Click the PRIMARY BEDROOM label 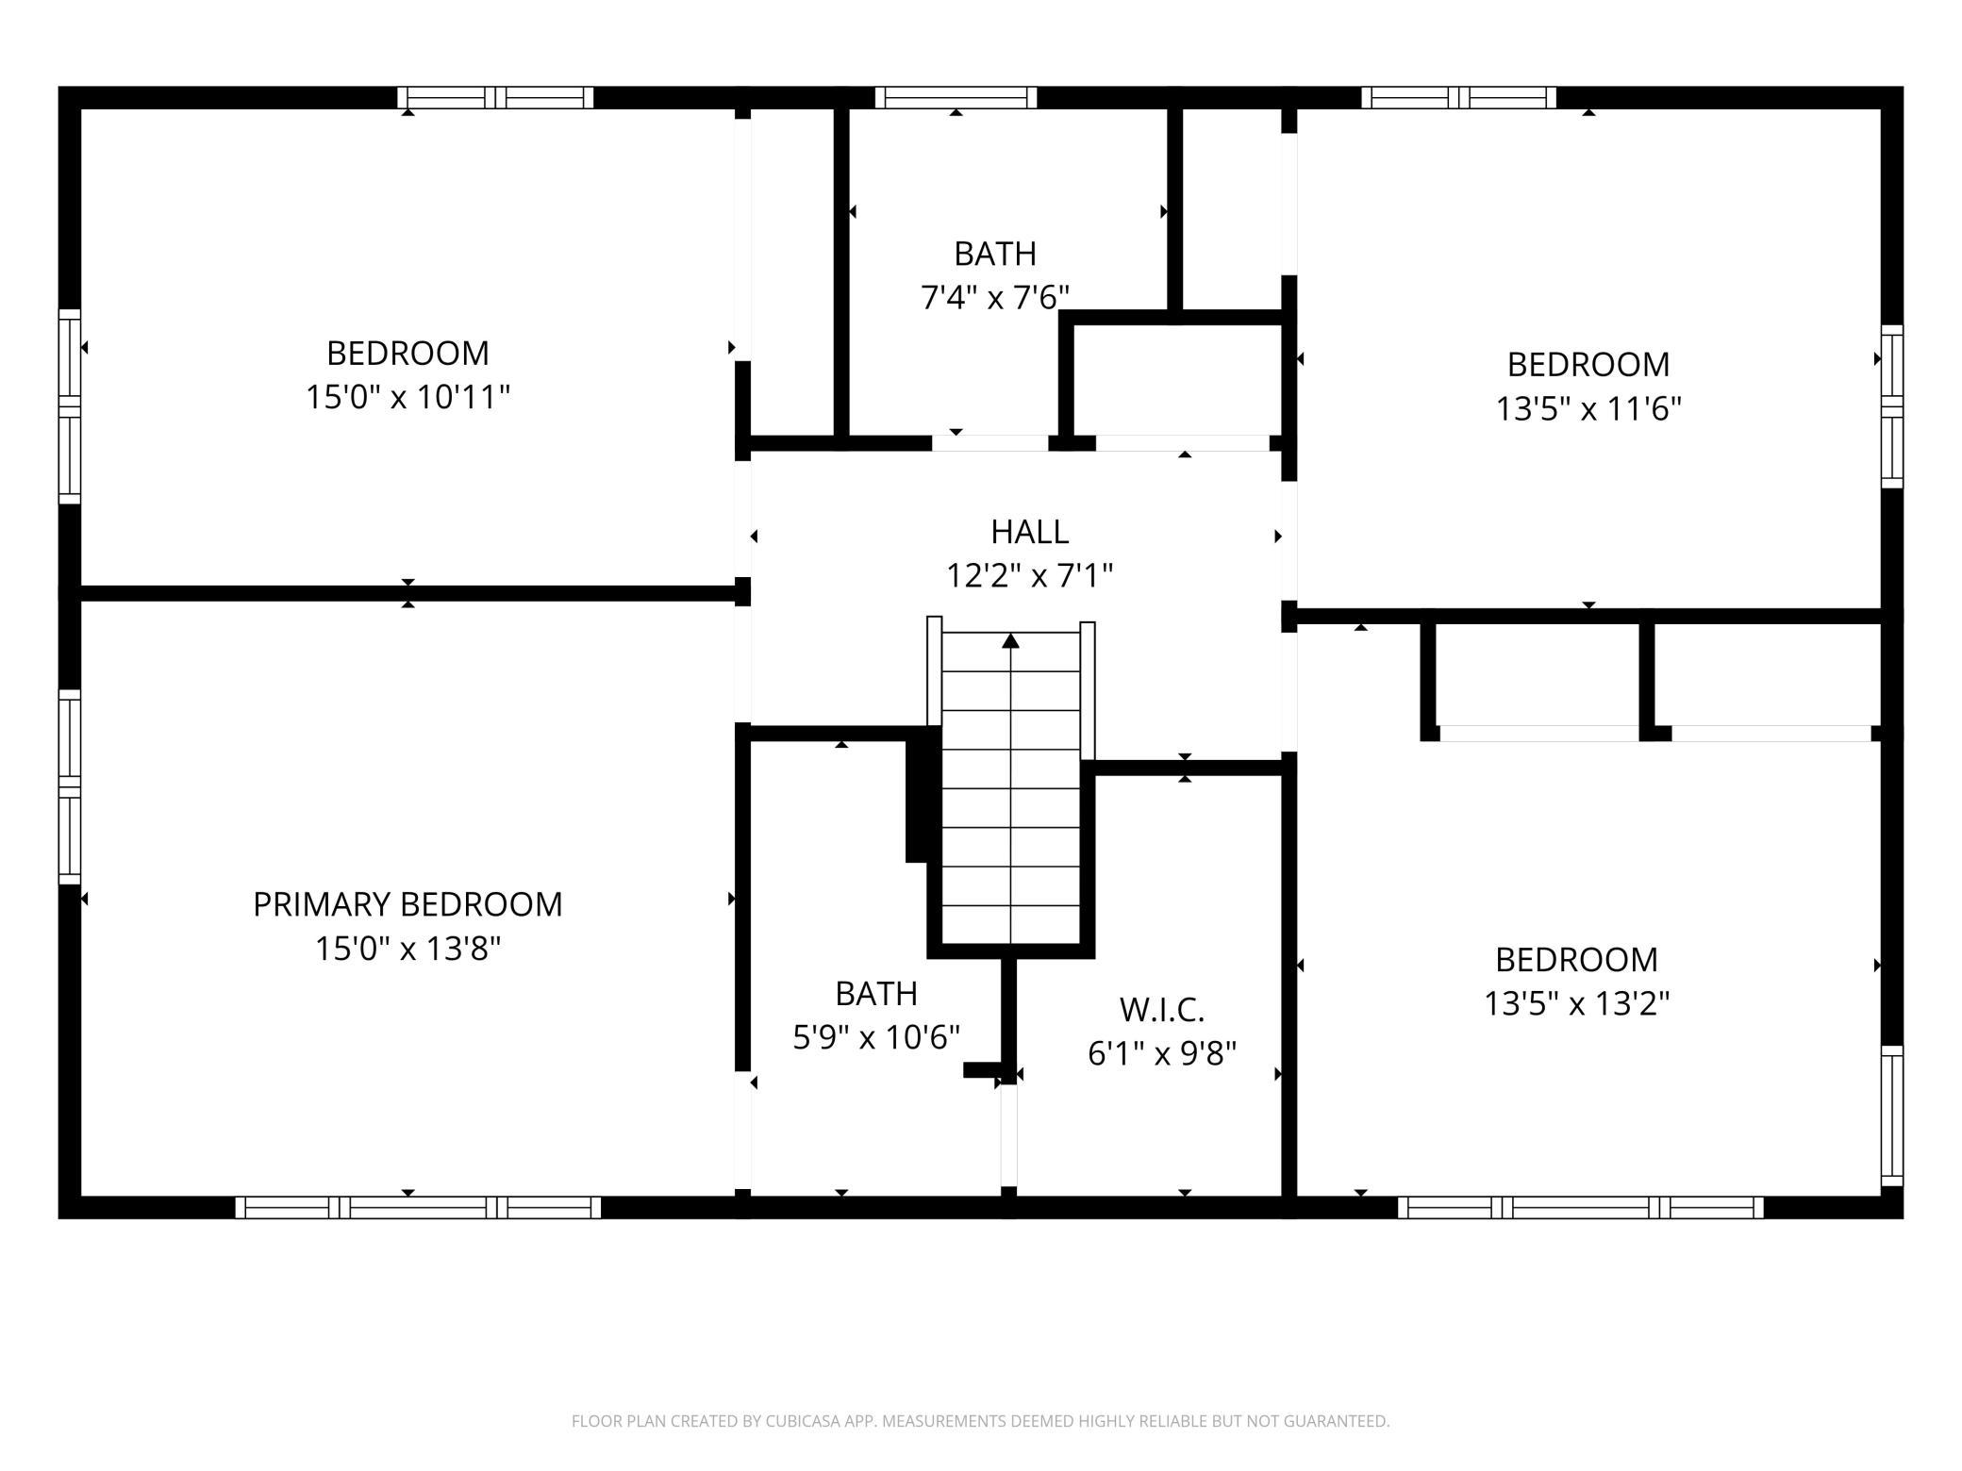coord(407,904)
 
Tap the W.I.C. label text coord(1162,1010)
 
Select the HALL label coord(1030,532)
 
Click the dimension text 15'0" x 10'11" coord(407,397)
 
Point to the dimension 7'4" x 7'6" coord(995,298)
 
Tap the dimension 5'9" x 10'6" coord(876,1037)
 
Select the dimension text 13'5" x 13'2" coord(1577,1003)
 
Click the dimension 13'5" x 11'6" coord(1589,408)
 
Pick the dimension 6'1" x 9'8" coord(1162,1053)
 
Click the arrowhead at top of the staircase coord(1011,640)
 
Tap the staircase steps coord(1011,787)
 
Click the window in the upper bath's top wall coord(956,97)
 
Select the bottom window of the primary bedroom coord(418,1207)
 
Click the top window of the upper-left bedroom coord(495,97)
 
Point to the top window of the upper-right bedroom coord(1459,97)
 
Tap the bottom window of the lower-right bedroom coord(1581,1207)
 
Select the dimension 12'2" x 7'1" coord(1030,574)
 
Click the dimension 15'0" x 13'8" coord(407,948)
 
